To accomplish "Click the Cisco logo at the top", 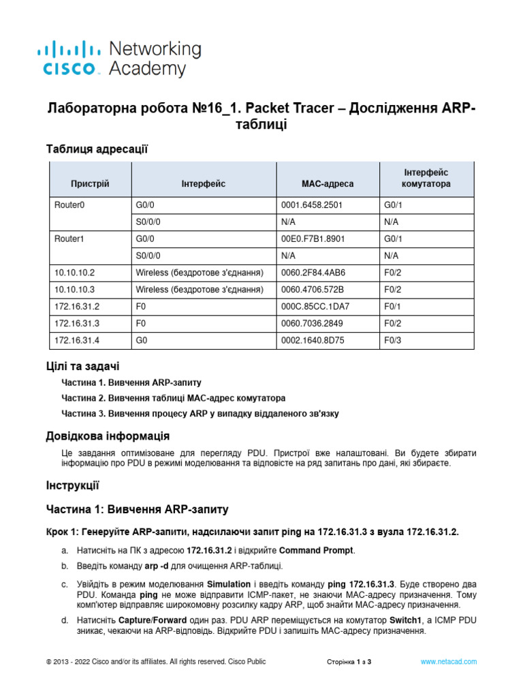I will pyautogui.click(x=119, y=59).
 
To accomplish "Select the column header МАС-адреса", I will pyautogui.click(x=327, y=184).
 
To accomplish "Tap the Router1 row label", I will pyautogui.click(x=71, y=239).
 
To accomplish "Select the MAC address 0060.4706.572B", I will pyautogui.click(x=313, y=290).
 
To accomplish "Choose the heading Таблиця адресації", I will pyautogui.click(x=97, y=148).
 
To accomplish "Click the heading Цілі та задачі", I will pyautogui.click(x=82, y=367).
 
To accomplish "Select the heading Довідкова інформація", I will pyautogui.click(x=108, y=436).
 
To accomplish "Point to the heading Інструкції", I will pyautogui.click(x=73, y=485).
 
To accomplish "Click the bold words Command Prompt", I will pyautogui.click(x=317, y=551).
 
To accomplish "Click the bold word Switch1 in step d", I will pyautogui.click(x=406, y=620).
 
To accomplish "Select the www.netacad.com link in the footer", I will pyautogui.click(x=448, y=662).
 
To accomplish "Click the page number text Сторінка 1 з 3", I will pyautogui.click(x=349, y=662).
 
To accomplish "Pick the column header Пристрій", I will pyautogui.click(x=90, y=184).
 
